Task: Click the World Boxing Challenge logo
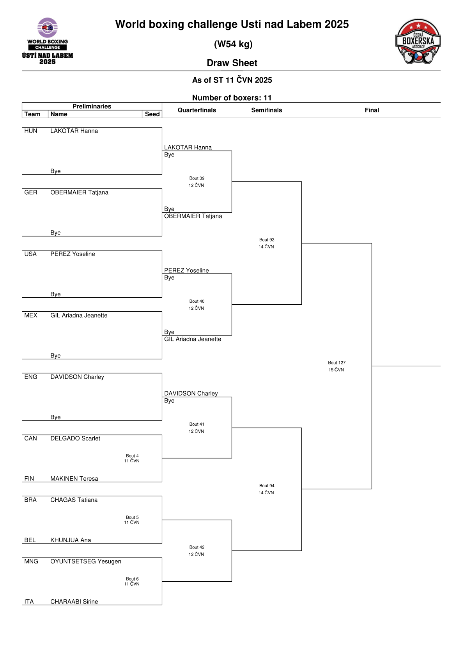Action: [x=48, y=41]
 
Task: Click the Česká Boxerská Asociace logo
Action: [x=418, y=41]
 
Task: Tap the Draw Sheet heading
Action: [x=232, y=63]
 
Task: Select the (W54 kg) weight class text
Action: [x=233, y=44]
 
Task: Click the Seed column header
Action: [x=152, y=114]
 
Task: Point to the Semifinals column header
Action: [x=266, y=110]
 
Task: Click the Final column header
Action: [x=372, y=110]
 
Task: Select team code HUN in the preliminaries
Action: [x=31, y=131]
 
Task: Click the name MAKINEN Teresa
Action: [x=74, y=478]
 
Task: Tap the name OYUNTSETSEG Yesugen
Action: [x=86, y=561]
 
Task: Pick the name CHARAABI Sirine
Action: [x=74, y=601]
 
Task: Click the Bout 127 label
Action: [x=336, y=362]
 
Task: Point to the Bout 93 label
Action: [x=266, y=240]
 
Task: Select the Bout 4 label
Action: [x=132, y=456]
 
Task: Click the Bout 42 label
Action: [x=197, y=547]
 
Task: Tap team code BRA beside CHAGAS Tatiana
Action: [x=30, y=500]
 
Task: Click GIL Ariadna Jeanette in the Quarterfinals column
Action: [x=193, y=339]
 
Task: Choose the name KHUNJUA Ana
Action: [x=71, y=540]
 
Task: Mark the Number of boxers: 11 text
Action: [x=232, y=98]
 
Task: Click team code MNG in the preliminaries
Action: [x=31, y=561]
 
